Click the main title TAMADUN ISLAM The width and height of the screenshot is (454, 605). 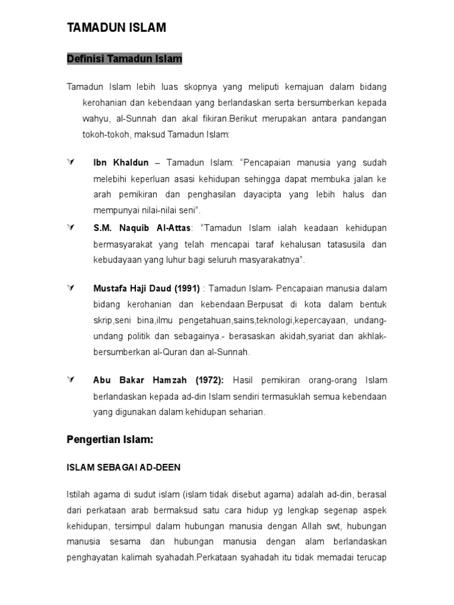[116, 27]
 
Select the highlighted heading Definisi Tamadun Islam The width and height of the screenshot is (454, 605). [124, 58]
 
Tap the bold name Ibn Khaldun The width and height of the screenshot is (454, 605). [121, 162]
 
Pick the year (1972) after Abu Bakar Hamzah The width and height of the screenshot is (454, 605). [206, 380]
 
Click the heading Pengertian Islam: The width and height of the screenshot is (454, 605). [109, 440]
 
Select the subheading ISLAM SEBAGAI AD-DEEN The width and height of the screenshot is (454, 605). [124, 467]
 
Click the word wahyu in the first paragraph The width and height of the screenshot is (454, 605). [95, 119]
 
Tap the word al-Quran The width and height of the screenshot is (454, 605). [163, 352]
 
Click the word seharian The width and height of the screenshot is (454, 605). [247, 412]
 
